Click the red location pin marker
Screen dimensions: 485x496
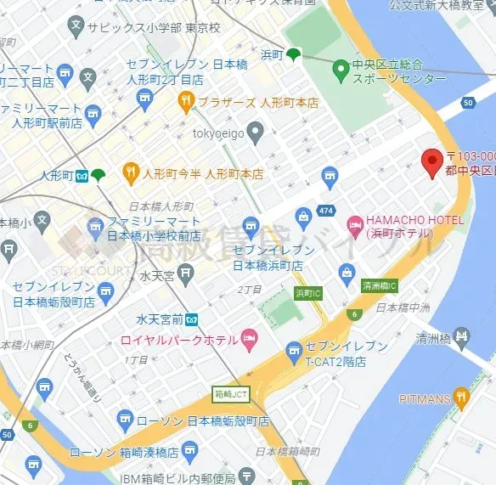(x=432, y=159)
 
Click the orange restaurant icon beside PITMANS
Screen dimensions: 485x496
(x=460, y=396)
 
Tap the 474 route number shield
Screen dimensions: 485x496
(x=325, y=209)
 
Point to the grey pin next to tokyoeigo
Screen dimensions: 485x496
(x=256, y=131)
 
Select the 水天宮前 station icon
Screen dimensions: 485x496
(x=192, y=319)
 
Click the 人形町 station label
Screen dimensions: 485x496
(x=57, y=176)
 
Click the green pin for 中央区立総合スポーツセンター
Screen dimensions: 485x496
(x=340, y=67)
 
